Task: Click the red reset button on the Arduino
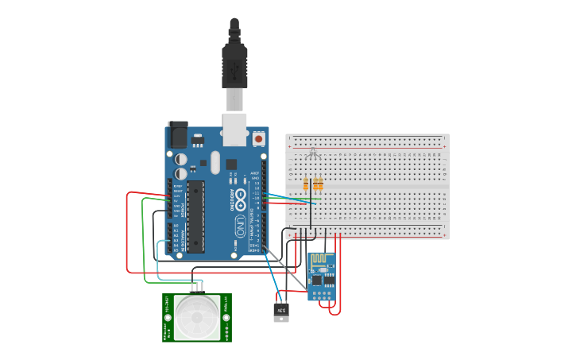point(258,139)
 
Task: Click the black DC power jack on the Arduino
point(176,136)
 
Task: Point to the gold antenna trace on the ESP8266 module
point(321,261)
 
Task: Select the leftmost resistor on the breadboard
point(306,185)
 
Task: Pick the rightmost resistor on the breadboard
point(320,185)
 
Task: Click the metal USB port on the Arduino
point(235,130)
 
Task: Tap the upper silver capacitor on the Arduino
point(182,157)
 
